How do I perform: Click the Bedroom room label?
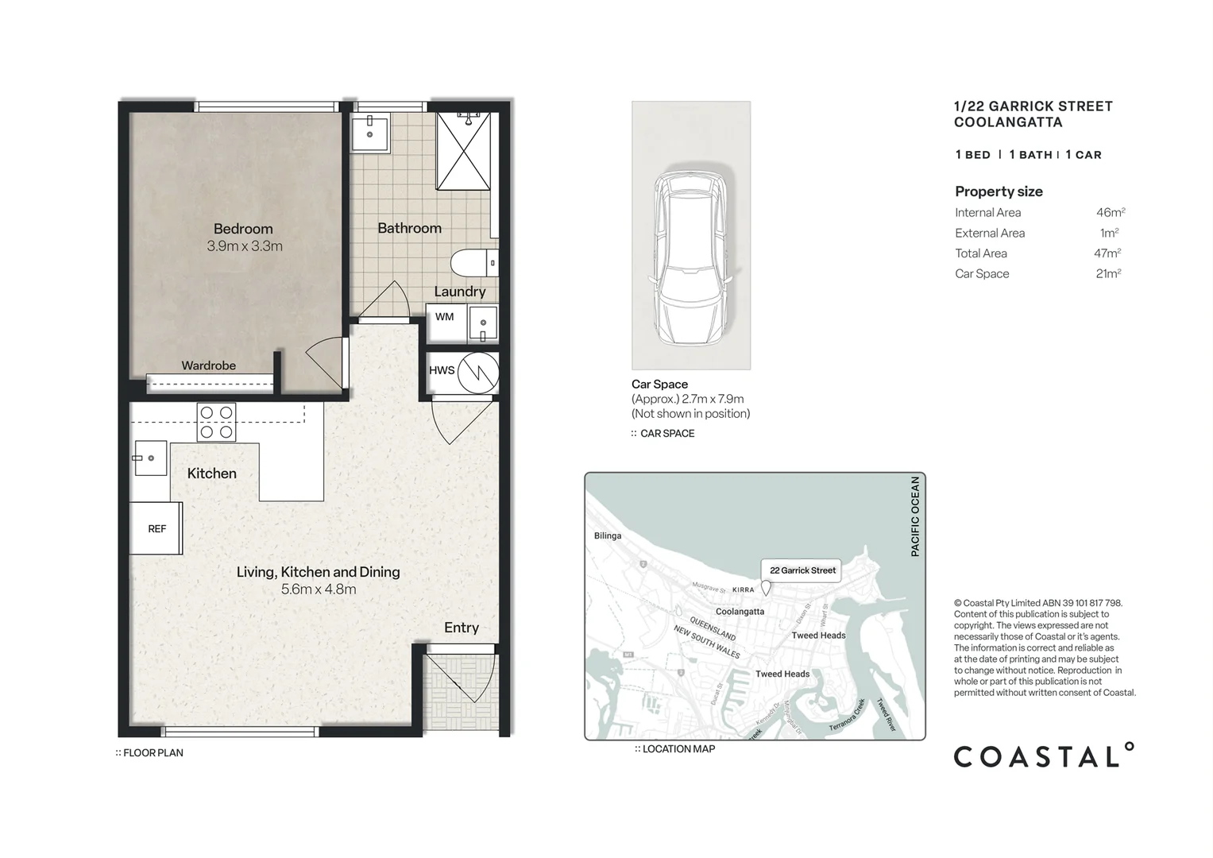(243, 229)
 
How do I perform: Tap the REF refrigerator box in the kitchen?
(156, 528)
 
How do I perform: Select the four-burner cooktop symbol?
(217, 422)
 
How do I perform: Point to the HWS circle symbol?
(478, 373)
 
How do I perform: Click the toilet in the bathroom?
(474, 263)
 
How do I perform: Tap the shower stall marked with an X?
(464, 151)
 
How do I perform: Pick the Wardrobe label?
(208, 365)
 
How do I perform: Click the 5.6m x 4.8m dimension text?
(319, 589)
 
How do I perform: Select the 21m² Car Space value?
(1108, 273)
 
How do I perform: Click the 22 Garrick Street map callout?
(802, 570)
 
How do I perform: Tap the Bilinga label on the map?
(608, 535)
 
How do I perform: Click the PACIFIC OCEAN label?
(915, 516)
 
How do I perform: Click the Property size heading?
(999, 191)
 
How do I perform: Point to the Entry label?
(462, 628)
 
